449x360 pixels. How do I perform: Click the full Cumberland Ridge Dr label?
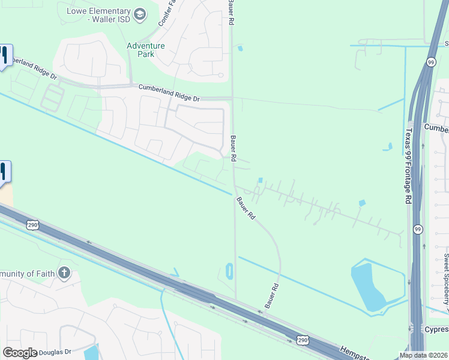(x=176, y=92)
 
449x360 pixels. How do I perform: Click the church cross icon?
(x=64, y=274)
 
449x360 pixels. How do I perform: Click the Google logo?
(x=19, y=353)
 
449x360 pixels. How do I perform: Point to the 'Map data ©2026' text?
(x=423, y=355)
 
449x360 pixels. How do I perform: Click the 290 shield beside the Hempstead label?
(x=303, y=340)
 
